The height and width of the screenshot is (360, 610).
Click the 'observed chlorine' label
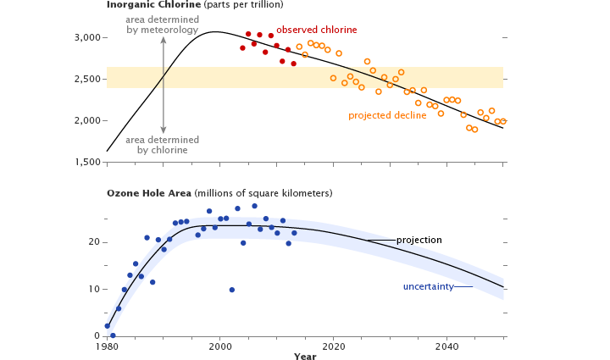coord(317,30)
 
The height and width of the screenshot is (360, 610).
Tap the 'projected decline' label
coord(387,115)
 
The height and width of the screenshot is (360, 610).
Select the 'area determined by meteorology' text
coord(162,25)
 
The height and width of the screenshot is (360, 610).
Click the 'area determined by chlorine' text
coord(162,145)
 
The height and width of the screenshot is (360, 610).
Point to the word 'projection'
coord(419,240)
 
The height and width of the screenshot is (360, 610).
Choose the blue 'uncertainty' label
coord(427,286)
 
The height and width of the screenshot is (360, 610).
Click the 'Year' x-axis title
coord(305,357)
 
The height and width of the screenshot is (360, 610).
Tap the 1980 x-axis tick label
coord(108,346)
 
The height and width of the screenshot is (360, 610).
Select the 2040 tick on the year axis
coord(446,346)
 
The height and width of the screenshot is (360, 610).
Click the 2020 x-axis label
coord(333,346)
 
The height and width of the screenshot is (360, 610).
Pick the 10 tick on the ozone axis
coord(94,289)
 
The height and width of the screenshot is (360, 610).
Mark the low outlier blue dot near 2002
coord(232,290)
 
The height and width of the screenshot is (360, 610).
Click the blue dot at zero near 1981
coord(113,335)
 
